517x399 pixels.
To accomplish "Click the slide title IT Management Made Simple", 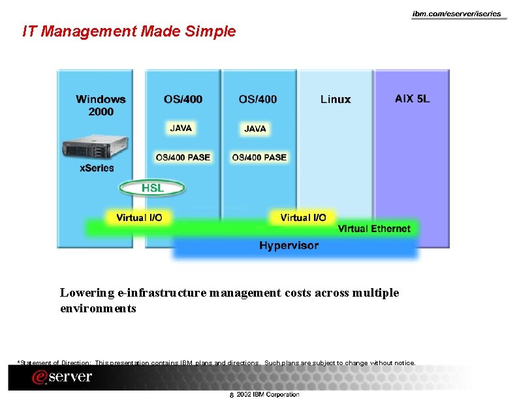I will pyautogui.click(x=129, y=31).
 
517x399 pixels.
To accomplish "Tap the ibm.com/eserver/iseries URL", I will pyautogui.click(x=456, y=14).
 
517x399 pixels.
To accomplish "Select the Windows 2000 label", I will pyautogui.click(x=101, y=106).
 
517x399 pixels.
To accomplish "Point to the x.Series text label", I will pyautogui.click(x=97, y=168).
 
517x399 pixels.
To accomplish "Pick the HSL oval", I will pyautogui.click(x=153, y=188).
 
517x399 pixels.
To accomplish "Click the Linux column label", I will pyautogui.click(x=336, y=99).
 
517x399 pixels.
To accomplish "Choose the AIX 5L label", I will pyautogui.click(x=412, y=99).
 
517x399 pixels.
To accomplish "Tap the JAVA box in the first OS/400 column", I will pyautogui.click(x=181, y=128).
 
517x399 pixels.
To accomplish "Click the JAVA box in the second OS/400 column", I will pyautogui.click(x=255, y=129).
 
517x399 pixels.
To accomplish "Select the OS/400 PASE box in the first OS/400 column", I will pyautogui.click(x=183, y=157).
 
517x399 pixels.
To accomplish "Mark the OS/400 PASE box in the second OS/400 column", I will pyautogui.click(x=258, y=157).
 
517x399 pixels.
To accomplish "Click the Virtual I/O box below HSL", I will pyautogui.click(x=139, y=217).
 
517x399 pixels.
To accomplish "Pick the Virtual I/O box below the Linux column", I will pyautogui.click(x=303, y=217).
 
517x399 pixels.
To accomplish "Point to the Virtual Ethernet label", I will pyautogui.click(x=374, y=229).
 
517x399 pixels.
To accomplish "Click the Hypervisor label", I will pyautogui.click(x=289, y=246).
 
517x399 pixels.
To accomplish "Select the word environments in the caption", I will pyautogui.click(x=98, y=308).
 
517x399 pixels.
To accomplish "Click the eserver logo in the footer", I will pyautogui.click(x=63, y=377).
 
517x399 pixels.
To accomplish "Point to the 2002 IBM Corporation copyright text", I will pyautogui.click(x=268, y=394).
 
